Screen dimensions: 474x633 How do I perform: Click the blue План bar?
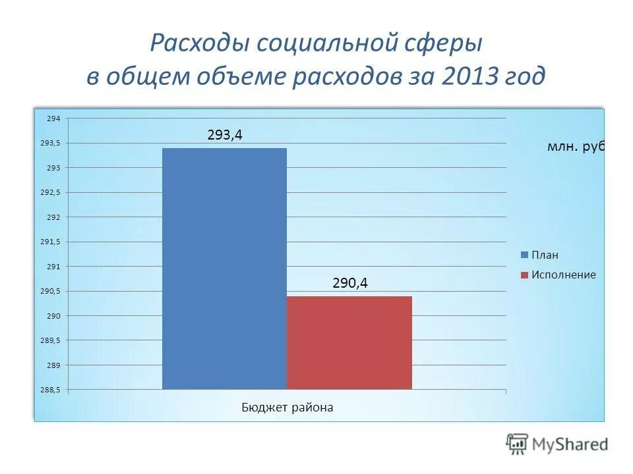pyautogui.click(x=224, y=268)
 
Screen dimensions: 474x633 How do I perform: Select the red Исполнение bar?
pyautogui.click(x=349, y=342)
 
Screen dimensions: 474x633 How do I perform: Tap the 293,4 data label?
pyautogui.click(x=225, y=135)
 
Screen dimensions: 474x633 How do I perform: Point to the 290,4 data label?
pyautogui.click(x=349, y=283)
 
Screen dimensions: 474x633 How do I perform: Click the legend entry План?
pyautogui.click(x=545, y=255)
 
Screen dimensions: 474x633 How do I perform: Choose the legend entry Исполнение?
pyautogui.click(x=563, y=275)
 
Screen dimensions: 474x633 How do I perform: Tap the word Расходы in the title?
pyautogui.click(x=199, y=43)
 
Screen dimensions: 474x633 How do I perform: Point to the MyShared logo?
pyautogui.click(x=557, y=444)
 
